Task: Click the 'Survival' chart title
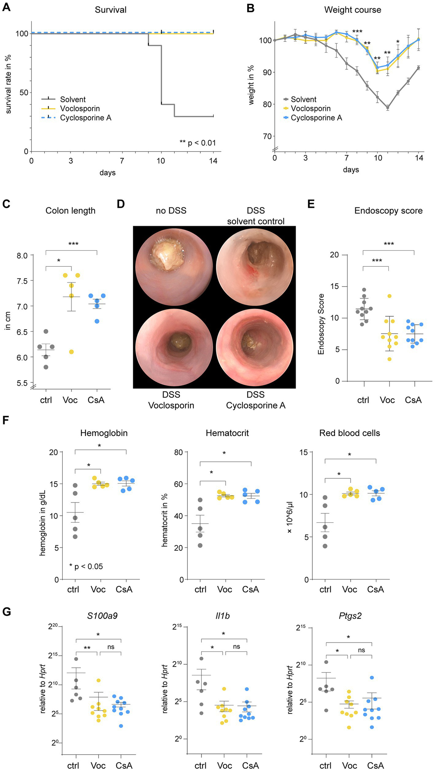click(x=111, y=10)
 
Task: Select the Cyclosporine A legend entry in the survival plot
click(x=86, y=118)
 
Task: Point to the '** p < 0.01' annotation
click(x=198, y=143)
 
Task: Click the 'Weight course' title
click(x=352, y=10)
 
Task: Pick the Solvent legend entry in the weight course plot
click(x=303, y=99)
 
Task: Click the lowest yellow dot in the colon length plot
click(x=71, y=352)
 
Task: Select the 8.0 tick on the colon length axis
click(x=22, y=255)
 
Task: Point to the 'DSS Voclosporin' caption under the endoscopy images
click(x=171, y=400)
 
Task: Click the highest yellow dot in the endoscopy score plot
click(x=390, y=296)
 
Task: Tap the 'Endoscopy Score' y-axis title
click(x=321, y=324)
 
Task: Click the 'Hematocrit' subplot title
click(x=227, y=433)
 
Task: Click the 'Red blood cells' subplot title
click(x=349, y=433)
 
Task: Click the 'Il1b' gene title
click(x=223, y=616)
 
